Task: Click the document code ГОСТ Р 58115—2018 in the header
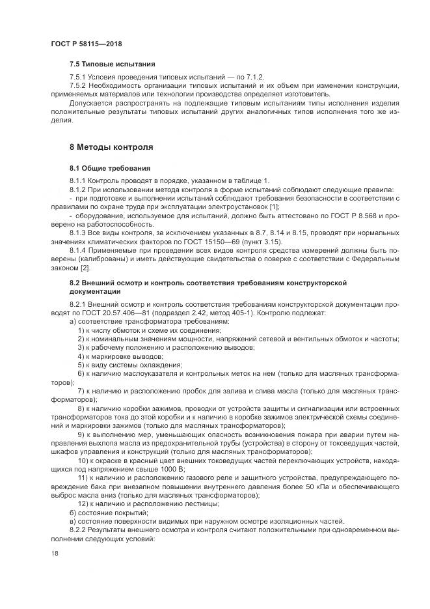pos(86,44)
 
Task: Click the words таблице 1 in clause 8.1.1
pos(248,180)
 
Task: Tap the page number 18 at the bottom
pos(55,552)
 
